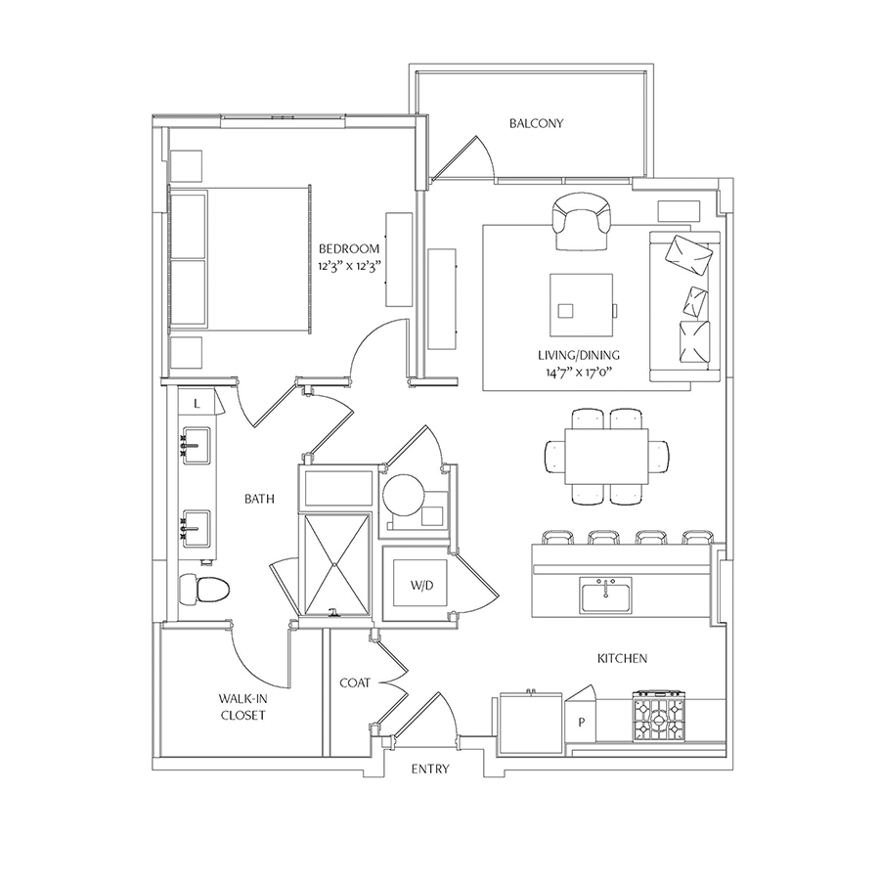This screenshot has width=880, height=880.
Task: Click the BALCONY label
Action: (x=536, y=123)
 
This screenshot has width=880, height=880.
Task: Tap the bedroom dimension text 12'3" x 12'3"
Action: (x=349, y=266)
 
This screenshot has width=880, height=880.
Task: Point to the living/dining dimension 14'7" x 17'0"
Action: (x=579, y=372)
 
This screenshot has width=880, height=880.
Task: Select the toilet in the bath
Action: (x=204, y=590)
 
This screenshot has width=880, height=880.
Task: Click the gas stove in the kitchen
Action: (x=659, y=716)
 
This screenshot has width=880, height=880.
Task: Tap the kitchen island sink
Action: (x=606, y=596)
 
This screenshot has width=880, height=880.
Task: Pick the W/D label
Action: (x=421, y=586)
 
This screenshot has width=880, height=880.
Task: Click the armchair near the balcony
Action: (x=582, y=222)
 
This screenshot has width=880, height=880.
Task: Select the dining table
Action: (x=606, y=456)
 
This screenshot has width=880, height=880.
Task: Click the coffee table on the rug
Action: (x=582, y=305)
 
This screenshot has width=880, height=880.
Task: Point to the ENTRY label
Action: (x=430, y=769)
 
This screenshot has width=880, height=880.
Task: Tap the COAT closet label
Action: (x=355, y=683)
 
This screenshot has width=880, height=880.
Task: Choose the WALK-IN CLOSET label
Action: (x=243, y=707)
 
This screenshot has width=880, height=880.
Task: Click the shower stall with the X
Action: (x=335, y=564)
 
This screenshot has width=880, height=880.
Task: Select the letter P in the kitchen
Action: (x=582, y=723)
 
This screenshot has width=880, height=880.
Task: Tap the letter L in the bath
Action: (x=197, y=404)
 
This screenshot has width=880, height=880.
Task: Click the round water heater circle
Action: (x=404, y=496)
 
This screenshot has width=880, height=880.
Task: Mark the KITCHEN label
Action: (x=623, y=658)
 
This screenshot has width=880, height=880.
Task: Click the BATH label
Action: (x=260, y=499)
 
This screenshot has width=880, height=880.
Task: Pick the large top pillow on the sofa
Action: (x=688, y=254)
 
